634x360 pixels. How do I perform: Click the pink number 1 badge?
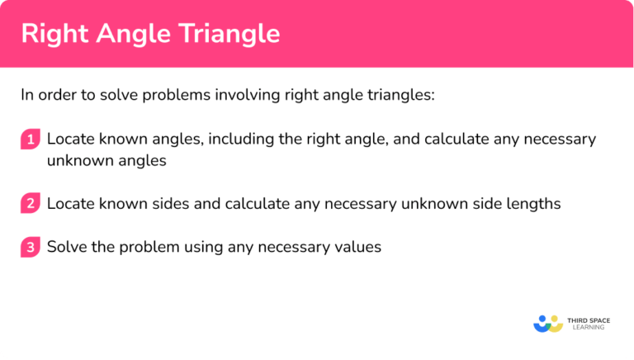pyautogui.click(x=31, y=140)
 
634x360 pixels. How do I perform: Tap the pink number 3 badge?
pyautogui.click(x=31, y=247)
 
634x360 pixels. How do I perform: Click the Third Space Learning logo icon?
pyautogui.click(x=548, y=323)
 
